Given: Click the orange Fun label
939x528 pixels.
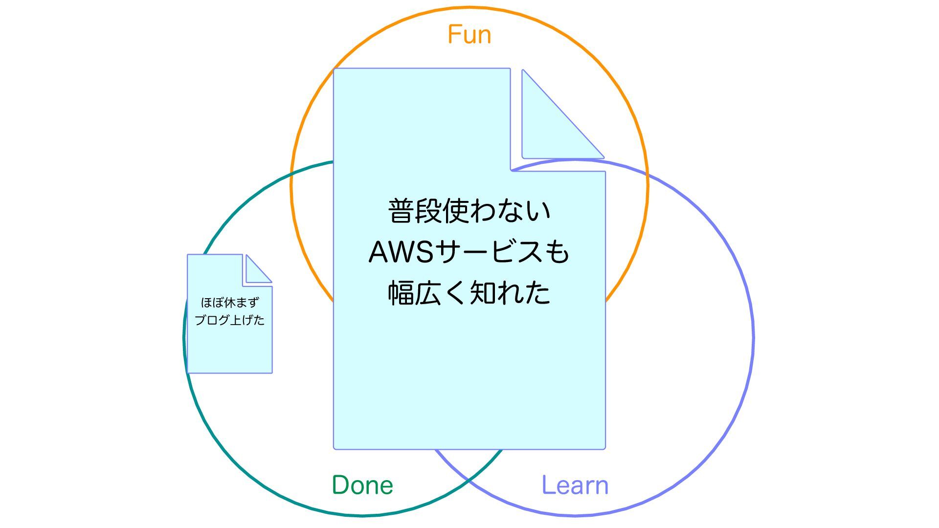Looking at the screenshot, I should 469,35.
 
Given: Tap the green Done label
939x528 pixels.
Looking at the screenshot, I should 362,485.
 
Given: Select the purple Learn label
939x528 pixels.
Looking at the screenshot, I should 575,485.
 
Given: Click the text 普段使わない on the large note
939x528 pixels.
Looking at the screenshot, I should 469,211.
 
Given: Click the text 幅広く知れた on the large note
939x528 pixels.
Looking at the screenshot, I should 469,293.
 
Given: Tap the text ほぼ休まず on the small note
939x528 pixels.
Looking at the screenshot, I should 230,303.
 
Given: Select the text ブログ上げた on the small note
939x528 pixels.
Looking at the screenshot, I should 230,320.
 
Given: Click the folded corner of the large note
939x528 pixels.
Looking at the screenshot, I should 548,127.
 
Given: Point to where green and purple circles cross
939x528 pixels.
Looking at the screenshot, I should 469,481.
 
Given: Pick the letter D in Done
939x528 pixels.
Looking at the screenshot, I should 341,485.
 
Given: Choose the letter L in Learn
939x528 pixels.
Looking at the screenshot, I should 548,485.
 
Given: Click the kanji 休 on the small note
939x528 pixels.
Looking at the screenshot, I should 230,303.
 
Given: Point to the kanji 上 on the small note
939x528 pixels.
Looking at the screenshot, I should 236,320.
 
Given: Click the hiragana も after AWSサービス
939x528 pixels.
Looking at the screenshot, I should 558,252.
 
